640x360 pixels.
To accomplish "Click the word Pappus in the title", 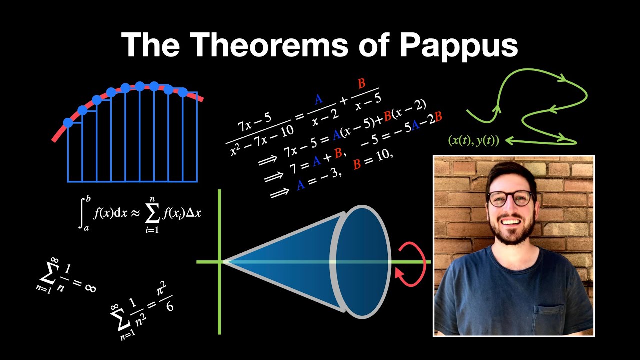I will click(x=458, y=46).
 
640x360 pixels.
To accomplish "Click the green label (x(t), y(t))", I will click(x=474, y=141).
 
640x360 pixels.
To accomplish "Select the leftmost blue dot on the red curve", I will click(x=68, y=122).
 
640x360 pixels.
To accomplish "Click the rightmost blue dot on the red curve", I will click(x=183, y=92).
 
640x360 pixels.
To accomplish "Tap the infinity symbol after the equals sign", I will click(x=90, y=288).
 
